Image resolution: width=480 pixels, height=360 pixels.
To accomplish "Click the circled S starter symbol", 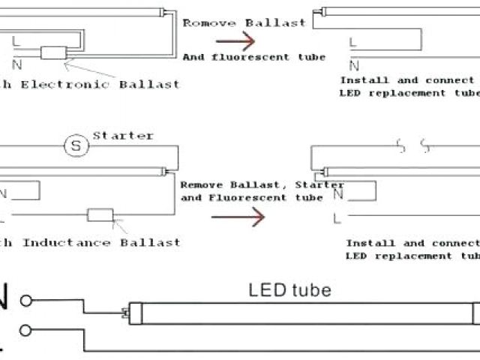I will [75, 146].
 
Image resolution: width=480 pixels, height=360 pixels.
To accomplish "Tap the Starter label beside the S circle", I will [123, 136].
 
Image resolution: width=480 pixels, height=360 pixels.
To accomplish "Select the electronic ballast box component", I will [52, 53].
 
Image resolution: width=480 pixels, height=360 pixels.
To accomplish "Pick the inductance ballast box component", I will [100, 215].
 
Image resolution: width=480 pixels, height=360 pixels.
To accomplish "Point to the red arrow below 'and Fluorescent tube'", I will [238, 217].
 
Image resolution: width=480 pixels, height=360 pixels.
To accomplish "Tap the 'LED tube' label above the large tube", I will [289, 289].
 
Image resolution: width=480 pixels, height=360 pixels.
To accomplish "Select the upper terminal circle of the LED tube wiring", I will [27, 301].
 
